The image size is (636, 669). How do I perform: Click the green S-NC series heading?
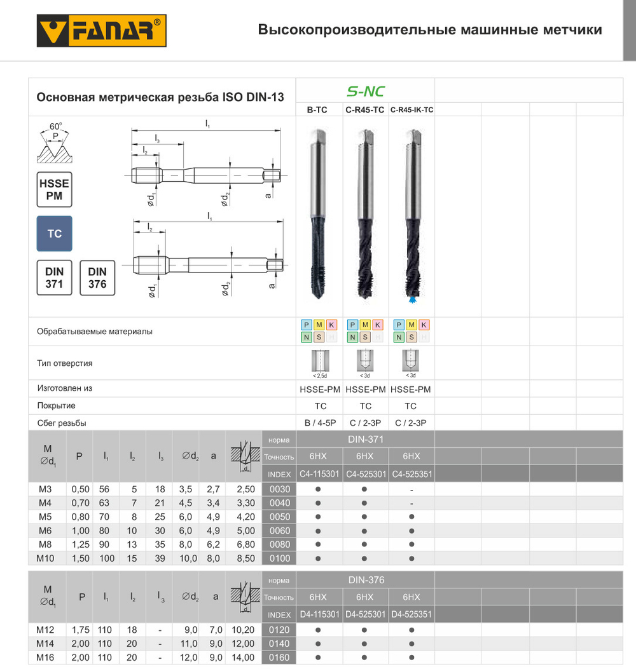click(x=365, y=91)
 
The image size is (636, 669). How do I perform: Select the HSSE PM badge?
click(x=54, y=189)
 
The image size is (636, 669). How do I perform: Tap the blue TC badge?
click(x=54, y=234)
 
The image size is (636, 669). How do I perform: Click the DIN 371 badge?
click(x=54, y=278)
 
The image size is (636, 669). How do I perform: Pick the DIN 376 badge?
click(x=97, y=278)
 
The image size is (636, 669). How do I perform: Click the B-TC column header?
click(x=317, y=110)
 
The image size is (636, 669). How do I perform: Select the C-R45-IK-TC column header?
click(x=411, y=110)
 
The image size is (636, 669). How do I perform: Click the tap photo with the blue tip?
click(x=411, y=213)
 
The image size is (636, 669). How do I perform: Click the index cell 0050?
click(x=279, y=517)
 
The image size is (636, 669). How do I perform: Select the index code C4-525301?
click(x=365, y=474)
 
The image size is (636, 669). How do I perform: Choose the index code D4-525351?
click(x=411, y=614)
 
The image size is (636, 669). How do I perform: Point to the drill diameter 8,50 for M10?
click(x=245, y=558)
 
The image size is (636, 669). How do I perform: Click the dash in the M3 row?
click(x=411, y=489)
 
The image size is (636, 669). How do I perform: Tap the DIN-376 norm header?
click(x=365, y=580)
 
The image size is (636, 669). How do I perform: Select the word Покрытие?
click(x=56, y=406)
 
